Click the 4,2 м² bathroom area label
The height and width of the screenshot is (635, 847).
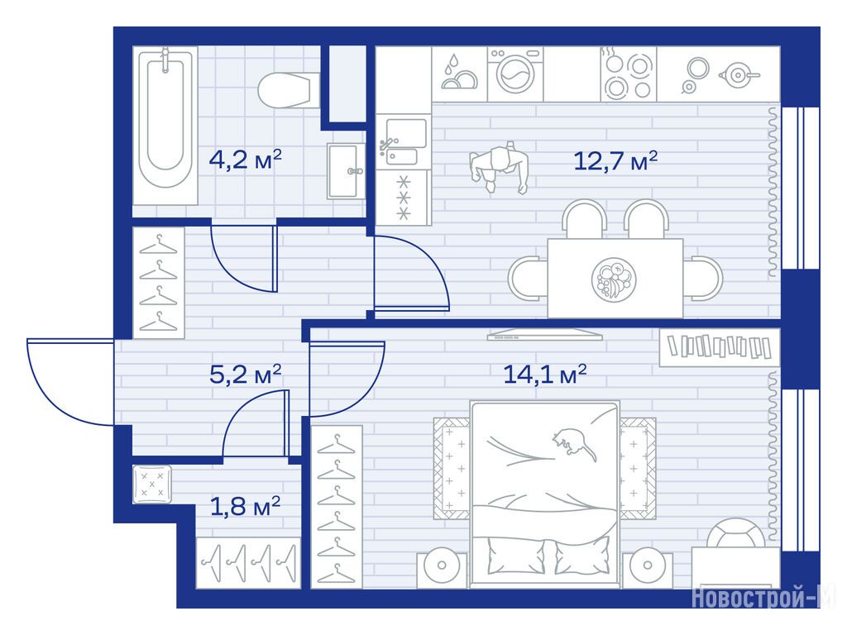[245, 160]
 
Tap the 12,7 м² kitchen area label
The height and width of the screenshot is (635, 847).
[615, 161]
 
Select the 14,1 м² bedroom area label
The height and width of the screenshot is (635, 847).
[544, 374]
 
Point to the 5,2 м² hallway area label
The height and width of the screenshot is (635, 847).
[245, 374]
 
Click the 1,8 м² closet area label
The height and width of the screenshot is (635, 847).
[245, 507]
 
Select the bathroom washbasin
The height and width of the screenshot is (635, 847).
[346, 170]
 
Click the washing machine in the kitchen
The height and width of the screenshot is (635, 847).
[515, 74]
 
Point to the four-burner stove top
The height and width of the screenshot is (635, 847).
[629, 74]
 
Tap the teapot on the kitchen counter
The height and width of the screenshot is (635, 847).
[738, 74]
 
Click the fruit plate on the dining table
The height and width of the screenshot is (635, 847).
[614, 279]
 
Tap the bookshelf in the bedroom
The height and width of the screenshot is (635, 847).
[720, 347]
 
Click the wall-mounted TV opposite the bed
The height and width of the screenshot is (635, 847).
[544, 335]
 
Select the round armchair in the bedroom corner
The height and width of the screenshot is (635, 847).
[735, 533]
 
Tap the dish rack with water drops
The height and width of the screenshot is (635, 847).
[459, 74]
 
